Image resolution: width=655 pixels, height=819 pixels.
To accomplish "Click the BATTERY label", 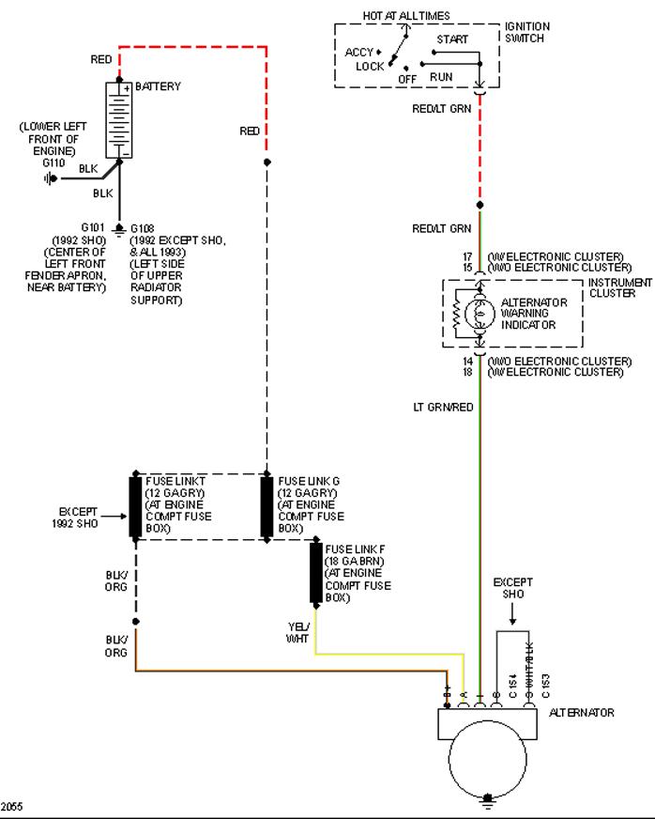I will click(159, 86).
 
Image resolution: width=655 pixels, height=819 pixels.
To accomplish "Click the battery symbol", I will click(118, 119).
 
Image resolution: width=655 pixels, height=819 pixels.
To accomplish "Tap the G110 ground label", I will click(53, 162).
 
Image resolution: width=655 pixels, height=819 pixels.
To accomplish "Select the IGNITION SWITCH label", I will click(527, 32).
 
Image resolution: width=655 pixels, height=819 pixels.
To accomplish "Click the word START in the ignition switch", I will click(451, 39).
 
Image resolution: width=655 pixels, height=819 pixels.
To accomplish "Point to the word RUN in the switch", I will click(441, 76).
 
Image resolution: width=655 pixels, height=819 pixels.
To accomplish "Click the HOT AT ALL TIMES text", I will click(406, 16).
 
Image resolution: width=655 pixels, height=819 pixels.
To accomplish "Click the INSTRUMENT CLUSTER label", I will click(619, 287).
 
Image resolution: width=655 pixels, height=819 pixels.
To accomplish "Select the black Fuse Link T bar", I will click(135, 506).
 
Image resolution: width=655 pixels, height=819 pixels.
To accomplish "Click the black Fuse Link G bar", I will click(267, 506).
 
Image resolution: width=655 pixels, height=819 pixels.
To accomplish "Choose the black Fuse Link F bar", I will click(316, 572).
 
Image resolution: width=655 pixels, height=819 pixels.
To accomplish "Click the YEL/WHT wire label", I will click(297, 633).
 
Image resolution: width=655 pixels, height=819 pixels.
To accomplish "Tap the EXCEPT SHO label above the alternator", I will click(513, 588).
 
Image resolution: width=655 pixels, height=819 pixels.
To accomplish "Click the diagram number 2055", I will click(12, 807).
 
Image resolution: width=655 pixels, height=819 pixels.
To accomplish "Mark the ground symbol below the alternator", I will click(488, 800).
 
